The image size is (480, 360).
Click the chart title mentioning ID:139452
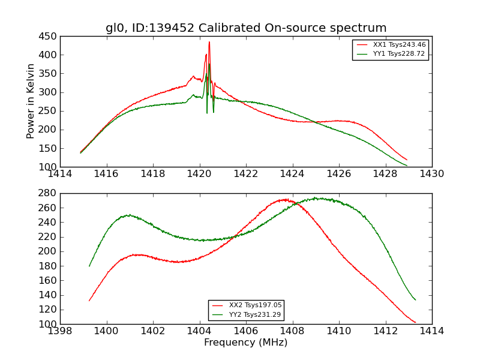(246, 28)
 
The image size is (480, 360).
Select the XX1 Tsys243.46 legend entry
(399, 45)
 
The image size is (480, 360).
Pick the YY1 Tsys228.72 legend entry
(399, 54)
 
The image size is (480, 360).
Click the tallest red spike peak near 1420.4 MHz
(209, 42)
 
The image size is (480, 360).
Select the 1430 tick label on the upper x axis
(431, 174)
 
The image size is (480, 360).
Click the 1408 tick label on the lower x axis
(292, 331)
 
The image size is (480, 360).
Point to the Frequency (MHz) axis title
(246, 343)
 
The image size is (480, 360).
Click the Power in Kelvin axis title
(31, 101)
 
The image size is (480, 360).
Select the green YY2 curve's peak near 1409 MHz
(316, 198)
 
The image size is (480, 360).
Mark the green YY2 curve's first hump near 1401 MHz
(128, 215)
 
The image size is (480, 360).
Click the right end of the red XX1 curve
(407, 160)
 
